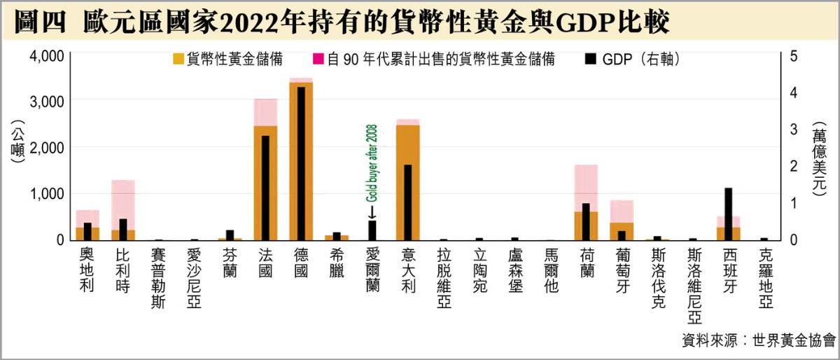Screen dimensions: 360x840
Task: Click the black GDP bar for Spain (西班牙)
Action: [728, 214]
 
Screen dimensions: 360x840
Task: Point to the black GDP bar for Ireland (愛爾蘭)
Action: [372, 230]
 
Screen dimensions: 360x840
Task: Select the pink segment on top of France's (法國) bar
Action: [265, 112]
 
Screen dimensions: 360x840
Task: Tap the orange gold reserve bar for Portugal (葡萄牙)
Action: [621, 231]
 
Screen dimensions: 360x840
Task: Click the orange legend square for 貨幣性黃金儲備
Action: [178, 60]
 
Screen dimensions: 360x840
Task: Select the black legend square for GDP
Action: [591, 60]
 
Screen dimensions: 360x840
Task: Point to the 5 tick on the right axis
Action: [793, 55]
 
